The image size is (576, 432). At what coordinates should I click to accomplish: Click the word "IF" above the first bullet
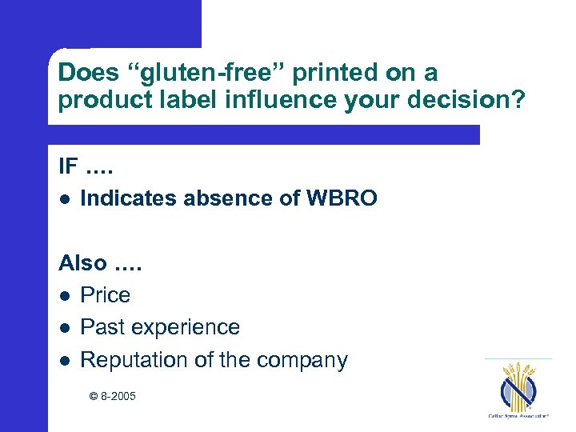point(67,166)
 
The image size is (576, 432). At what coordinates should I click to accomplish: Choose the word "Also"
point(82,262)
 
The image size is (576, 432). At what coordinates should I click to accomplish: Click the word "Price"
point(105,295)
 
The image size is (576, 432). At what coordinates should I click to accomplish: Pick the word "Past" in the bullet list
point(100,327)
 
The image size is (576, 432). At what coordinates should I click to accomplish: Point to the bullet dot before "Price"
point(64,296)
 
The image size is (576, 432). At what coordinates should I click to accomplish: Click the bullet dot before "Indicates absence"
point(64,199)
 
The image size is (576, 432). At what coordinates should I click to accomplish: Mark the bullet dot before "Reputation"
point(64,361)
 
